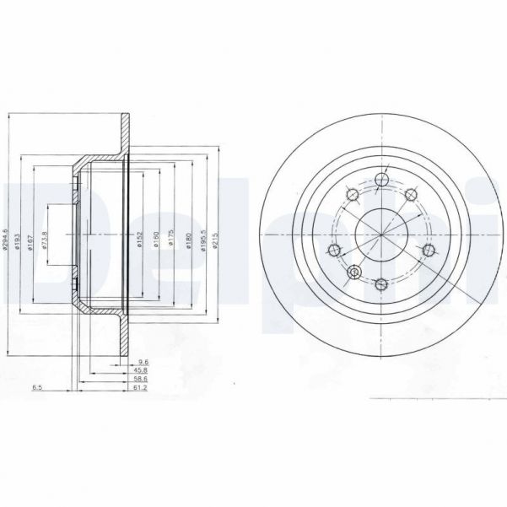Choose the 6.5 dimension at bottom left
click(37, 389)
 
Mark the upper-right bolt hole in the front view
click(411, 196)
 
